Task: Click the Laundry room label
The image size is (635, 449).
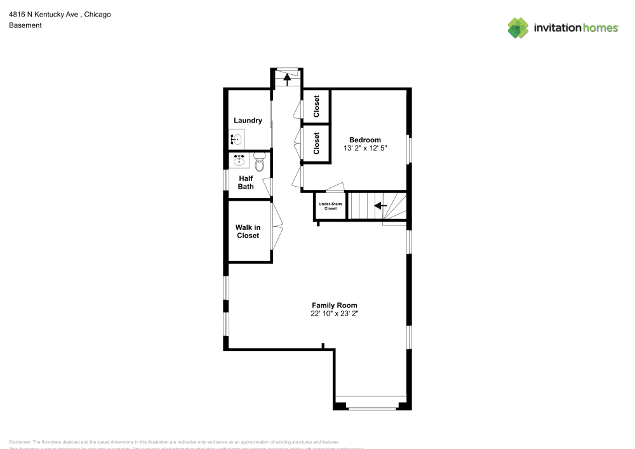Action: click(x=248, y=121)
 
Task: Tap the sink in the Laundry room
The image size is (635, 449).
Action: click(x=236, y=139)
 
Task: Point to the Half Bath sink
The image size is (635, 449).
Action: click(x=239, y=159)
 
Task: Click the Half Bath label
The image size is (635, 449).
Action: click(x=246, y=182)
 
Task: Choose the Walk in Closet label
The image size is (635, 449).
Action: click(x=248, y=231)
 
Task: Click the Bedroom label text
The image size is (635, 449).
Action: click(x=365, y=140)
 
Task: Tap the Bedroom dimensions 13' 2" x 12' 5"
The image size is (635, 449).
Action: click(x=365, y=149)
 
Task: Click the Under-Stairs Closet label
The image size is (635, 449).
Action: click(x=330, y=206)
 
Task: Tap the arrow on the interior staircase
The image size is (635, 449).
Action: click(x=380, y=206)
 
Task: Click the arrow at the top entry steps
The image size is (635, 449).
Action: click(x=286, y=79)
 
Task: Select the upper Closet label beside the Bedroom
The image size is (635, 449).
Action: click(x=316, y=107)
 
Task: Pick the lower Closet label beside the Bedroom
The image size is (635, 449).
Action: click(x=316, y=144)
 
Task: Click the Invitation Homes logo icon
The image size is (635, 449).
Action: click(x=518, y=27)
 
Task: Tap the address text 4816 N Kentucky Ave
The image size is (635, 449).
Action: click(x=44, y=14)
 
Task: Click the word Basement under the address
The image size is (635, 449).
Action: click(x=25, y=25)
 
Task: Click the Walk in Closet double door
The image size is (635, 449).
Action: click(x=277, y=224)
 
